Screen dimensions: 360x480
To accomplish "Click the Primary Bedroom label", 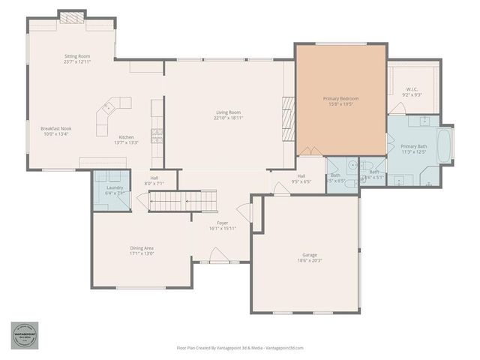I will point(340,99).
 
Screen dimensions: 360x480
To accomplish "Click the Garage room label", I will point(304,256).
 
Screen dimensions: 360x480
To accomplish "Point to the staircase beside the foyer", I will point(182,201).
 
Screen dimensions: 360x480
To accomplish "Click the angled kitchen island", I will point(112,115).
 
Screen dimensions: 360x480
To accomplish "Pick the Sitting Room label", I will point(77,56).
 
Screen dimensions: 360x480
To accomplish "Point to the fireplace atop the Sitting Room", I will point(73,17).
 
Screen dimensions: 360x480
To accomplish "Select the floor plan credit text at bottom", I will point(240,348).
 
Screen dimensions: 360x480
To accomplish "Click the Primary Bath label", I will point(413,146).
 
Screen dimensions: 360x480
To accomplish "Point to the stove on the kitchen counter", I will point(157,135).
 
